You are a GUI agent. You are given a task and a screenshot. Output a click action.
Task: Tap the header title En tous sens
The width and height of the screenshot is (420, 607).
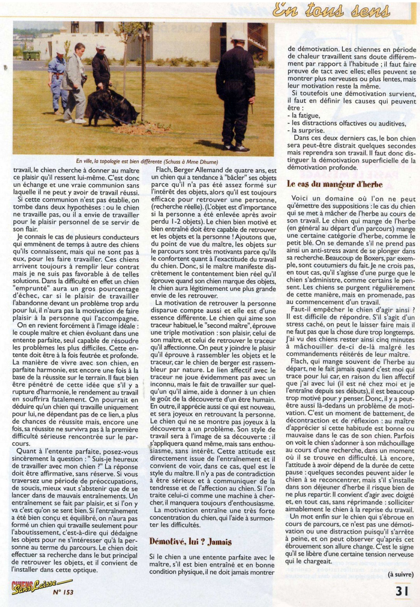[331, 11]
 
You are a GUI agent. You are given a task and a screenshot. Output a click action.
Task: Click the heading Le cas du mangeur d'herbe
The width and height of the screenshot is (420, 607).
[334, 184]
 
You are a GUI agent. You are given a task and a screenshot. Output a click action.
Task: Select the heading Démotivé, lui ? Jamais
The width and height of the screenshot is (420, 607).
[191, 542]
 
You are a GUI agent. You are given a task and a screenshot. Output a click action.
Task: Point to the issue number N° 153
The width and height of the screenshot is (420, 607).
[63, 592]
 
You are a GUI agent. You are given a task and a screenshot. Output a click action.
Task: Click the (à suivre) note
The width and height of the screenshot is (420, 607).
[401, 574]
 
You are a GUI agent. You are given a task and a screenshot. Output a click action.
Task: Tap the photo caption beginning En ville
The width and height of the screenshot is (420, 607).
[147, 161]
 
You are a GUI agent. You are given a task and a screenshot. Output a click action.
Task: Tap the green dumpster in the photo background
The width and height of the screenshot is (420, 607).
[31, 55]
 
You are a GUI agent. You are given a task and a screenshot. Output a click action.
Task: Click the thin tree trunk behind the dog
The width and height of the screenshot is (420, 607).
[143, 74]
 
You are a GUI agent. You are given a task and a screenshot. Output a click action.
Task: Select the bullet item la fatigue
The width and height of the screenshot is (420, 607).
[303, 116]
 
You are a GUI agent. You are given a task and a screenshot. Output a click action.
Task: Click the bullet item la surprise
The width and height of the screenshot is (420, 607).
[305, 130]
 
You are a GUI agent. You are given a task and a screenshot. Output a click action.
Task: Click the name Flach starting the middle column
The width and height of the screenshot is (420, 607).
[164, 170]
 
